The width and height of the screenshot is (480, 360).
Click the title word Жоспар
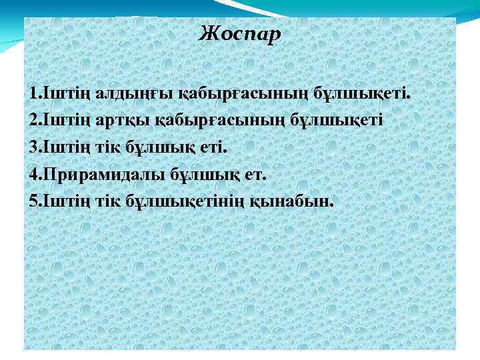coord(241,33)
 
